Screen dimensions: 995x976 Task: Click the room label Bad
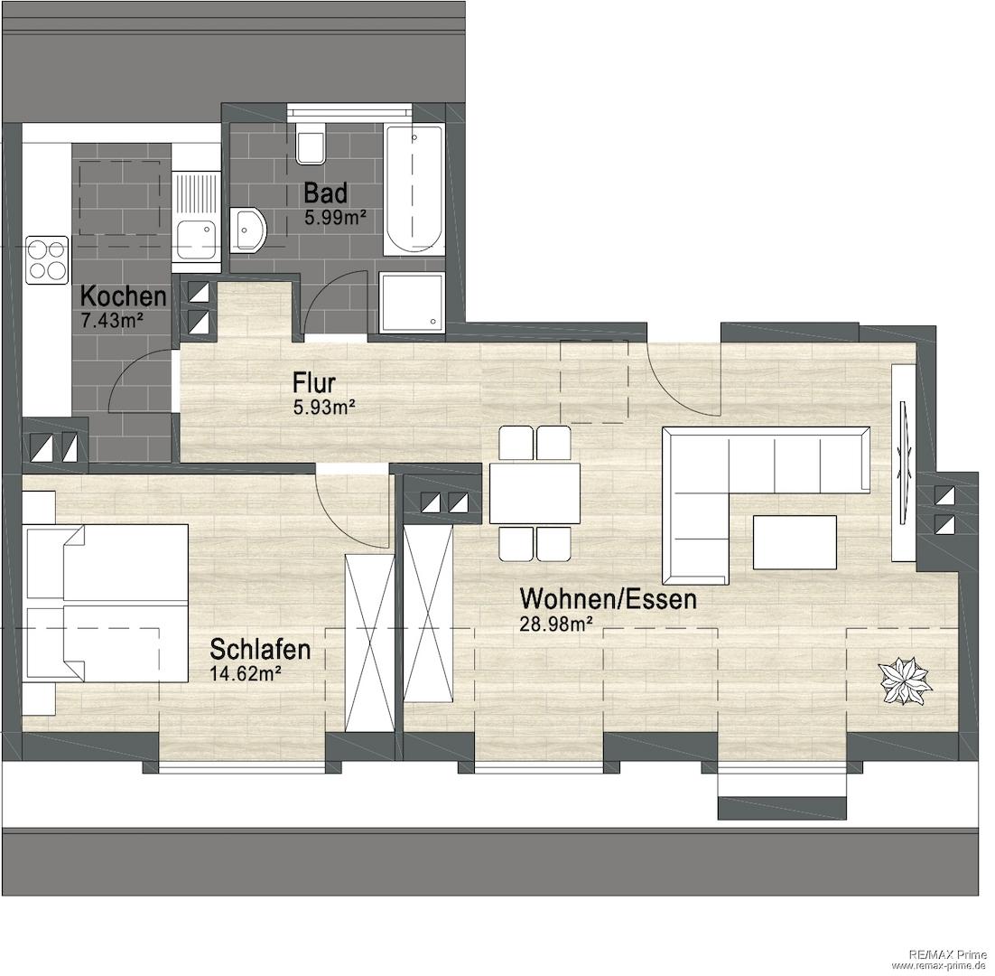tap(326, 192)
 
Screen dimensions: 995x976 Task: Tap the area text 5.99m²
tap(336, 218)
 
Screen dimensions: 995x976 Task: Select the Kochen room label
tap(124, 296)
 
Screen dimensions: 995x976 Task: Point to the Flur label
tap(313, 383)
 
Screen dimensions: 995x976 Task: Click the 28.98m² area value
tap(556, 624)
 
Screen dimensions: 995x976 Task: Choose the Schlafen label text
tap(260, 650)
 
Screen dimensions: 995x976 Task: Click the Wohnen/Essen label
tap(608, 599)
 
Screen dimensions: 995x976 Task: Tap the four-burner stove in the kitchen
tap(47, 260)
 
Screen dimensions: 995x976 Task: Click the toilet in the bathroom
tap(311, 142)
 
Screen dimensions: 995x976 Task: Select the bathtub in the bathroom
tap(414, 189)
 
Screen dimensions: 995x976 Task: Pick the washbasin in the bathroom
tap(249, 230)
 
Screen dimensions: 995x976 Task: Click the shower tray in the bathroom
tap(411, 302)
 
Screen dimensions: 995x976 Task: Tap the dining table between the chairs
tap(535, 493)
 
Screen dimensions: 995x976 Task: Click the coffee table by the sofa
tap(795, 541)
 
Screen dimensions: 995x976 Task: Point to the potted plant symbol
tap(904, 680)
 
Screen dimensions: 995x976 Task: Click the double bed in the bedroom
tap(106, 604)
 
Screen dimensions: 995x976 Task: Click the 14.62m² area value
tap(246, 674)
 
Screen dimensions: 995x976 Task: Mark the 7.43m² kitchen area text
tap(112, 321)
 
